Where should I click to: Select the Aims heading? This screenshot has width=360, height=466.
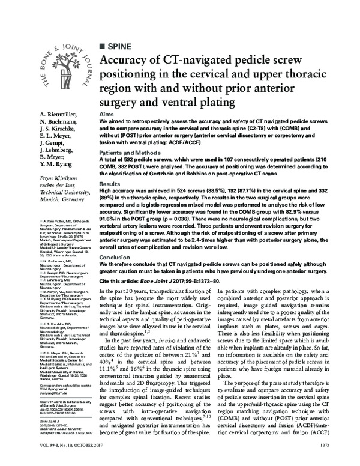pos(106,114)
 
